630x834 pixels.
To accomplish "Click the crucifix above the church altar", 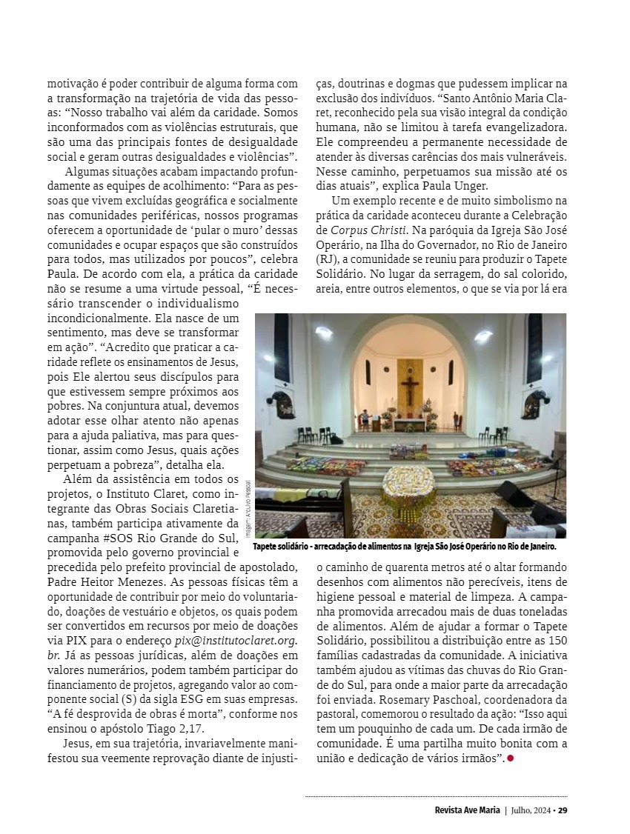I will click(x=408, y=388).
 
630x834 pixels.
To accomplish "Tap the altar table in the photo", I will click(x=409, y=424).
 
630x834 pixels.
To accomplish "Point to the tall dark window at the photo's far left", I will click(x=282, y=348).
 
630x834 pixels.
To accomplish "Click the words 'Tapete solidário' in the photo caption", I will click(x=279, y=547).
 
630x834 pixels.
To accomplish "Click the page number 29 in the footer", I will click(x=563, y=810).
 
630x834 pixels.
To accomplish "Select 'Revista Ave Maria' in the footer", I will click(x=467, y=810).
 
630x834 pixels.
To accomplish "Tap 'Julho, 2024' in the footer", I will click(x=531, y=810).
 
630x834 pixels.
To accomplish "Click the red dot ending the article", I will click(x=510, y=758).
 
